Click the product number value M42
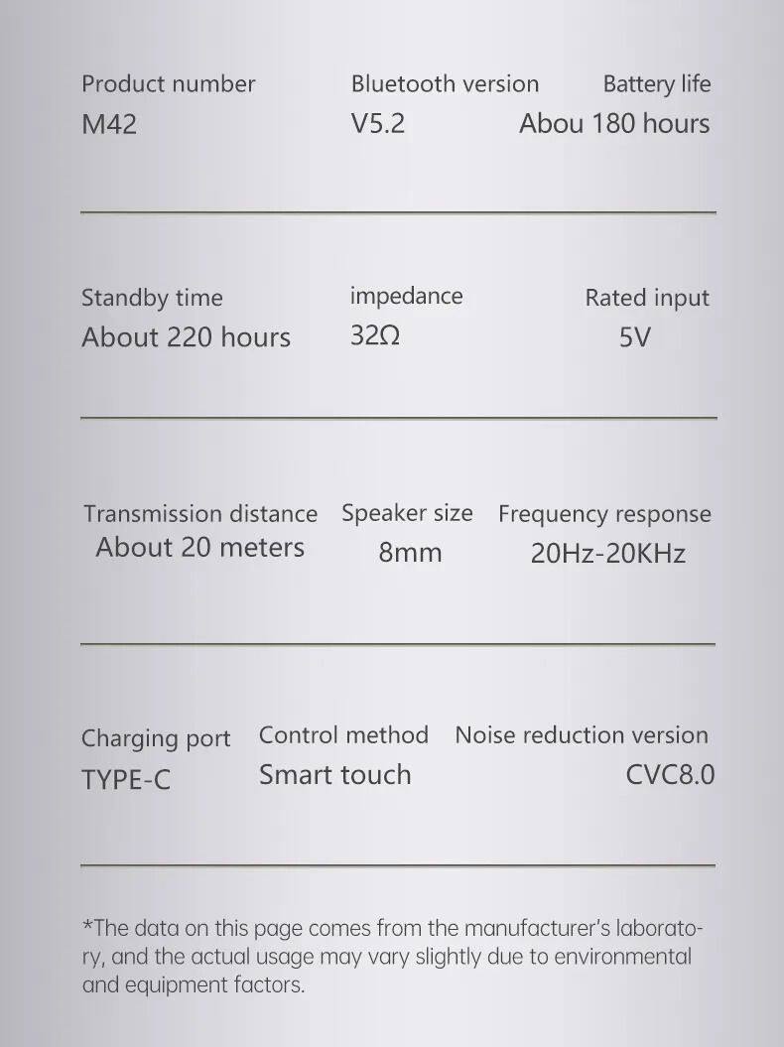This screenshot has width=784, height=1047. point(109,125)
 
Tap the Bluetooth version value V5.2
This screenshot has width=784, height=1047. point(378,124)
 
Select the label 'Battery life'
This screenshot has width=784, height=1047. point(656,84)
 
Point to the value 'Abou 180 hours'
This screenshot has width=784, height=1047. point(614,124)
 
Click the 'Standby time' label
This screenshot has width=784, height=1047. point(152,298)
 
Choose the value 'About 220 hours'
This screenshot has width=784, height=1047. point(186,337)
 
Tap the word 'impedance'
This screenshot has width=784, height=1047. point(406,296)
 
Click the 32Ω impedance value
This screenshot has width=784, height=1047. point(375,335)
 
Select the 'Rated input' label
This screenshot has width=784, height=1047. point(647,298)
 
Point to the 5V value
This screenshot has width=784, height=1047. point(634,337)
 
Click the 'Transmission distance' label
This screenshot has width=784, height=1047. point(200,514)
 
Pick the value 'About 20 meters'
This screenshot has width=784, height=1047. point(199,548)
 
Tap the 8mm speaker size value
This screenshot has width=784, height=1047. point(410,553)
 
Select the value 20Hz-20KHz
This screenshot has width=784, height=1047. point(607,553)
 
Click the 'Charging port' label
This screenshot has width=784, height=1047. point(156,739)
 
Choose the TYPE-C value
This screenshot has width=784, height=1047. point(126,780)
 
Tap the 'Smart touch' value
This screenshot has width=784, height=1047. point(334,775)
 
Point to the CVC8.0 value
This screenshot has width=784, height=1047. point(670,775)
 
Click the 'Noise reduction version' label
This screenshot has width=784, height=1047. point(582,735)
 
